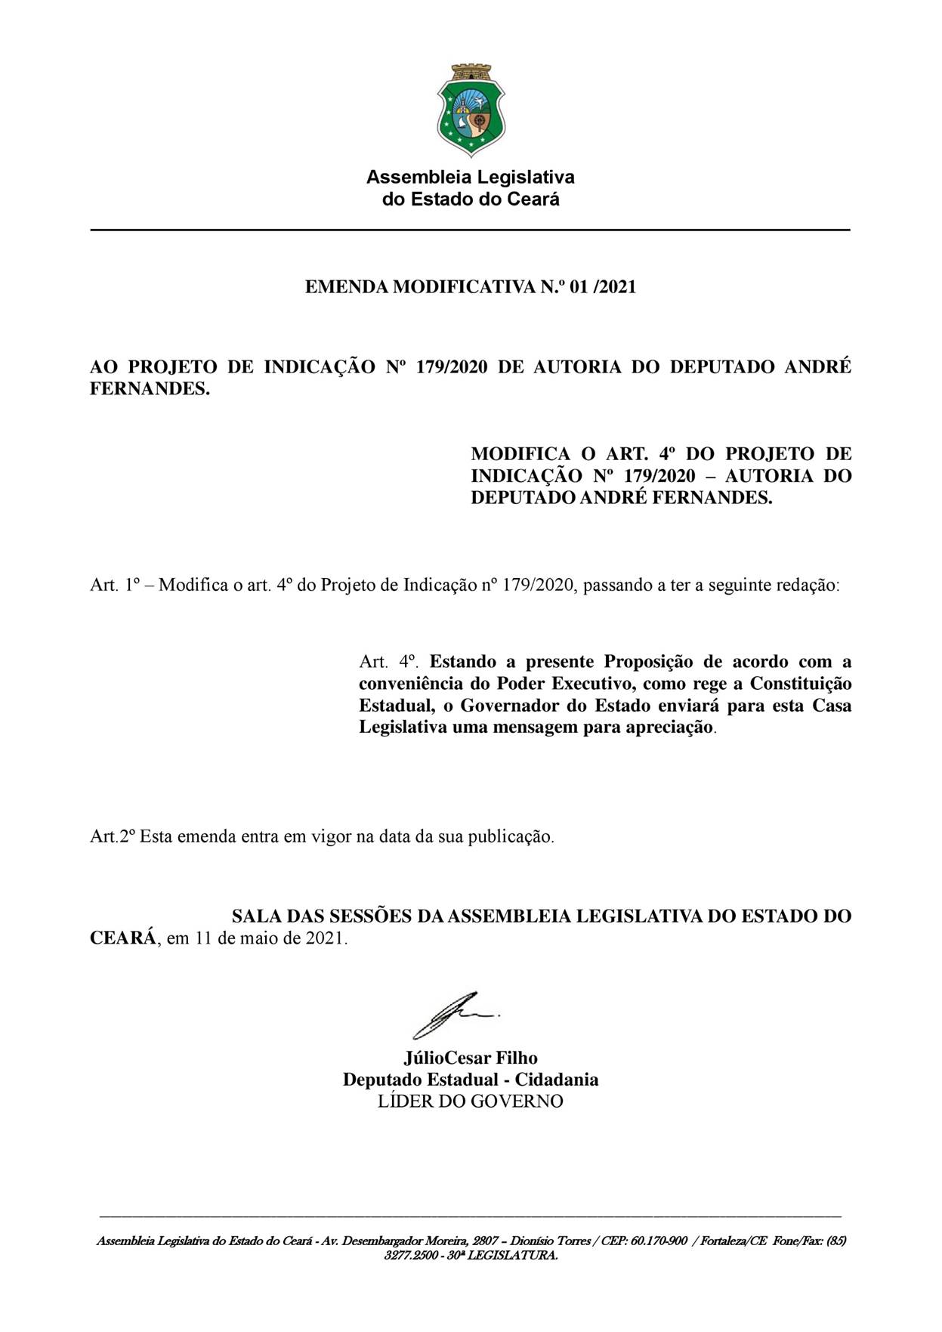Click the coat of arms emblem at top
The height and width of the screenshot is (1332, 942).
click(x=471, y=110)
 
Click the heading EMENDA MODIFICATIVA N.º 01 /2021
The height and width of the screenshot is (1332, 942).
click(x=470, y=287)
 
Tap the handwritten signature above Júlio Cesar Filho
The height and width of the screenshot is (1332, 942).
click(x=453, y=1014)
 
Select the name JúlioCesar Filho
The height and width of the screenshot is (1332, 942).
click(x=470, y=1058)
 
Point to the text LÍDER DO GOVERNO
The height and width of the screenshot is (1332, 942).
click(x=470, y=1102)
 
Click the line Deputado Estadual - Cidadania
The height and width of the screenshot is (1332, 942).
click(x=470, y=1080)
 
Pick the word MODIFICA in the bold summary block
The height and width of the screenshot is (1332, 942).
click(x=520, y=454)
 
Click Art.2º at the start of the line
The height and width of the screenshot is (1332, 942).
click(x=113, y=837)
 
